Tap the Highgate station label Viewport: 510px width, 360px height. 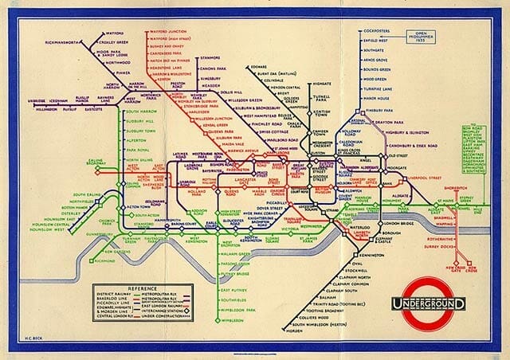click(322, 82)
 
